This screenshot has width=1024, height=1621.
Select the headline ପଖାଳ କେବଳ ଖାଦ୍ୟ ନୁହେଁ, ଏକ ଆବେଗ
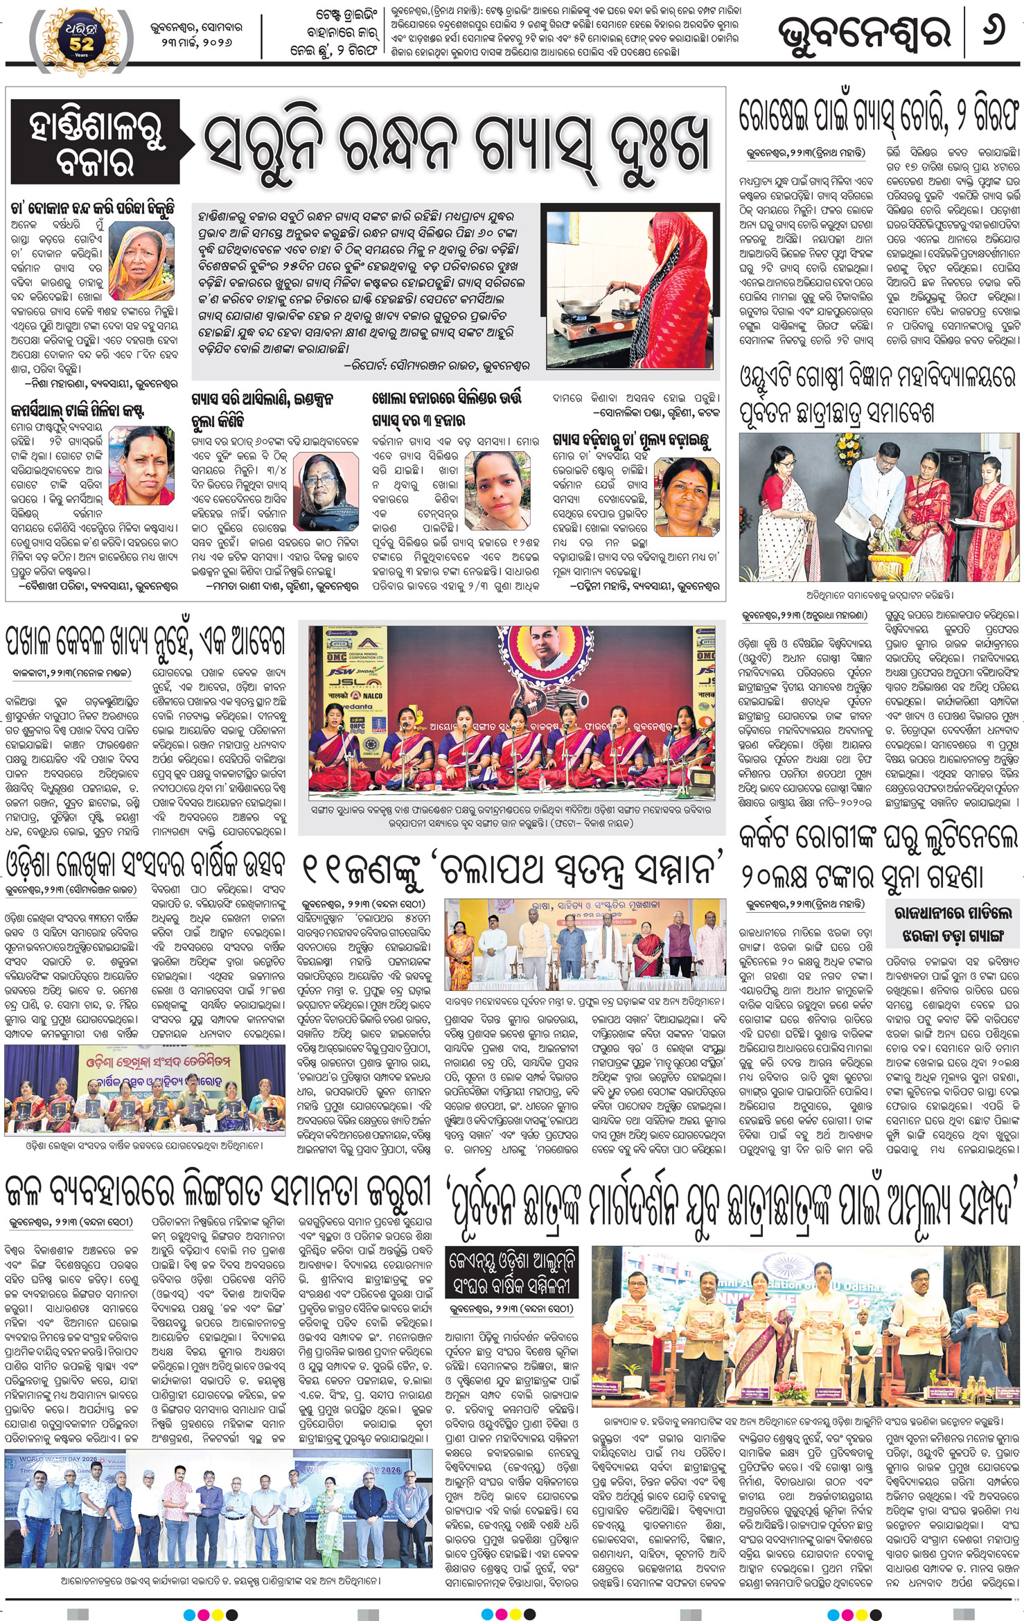[145, 640]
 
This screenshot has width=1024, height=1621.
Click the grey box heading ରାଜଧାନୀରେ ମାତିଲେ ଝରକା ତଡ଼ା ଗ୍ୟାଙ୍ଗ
[953, 925]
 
